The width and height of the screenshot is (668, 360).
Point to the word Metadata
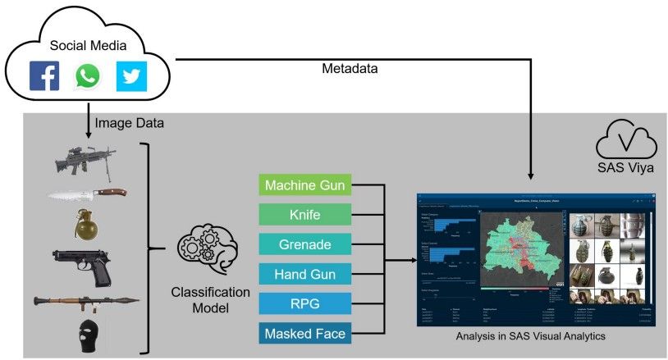point(350,70)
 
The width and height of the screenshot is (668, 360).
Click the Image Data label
point(129,124)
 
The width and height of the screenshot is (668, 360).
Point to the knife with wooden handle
point(85,194)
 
